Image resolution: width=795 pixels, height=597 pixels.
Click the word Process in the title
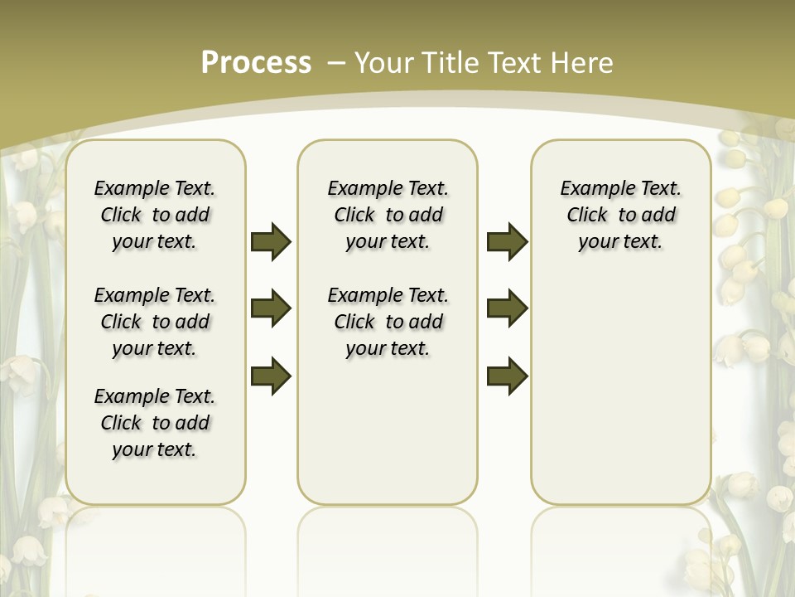point(256,62)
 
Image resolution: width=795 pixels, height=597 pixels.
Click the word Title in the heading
point(452,63)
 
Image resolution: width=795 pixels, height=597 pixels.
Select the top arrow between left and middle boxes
point(271,241)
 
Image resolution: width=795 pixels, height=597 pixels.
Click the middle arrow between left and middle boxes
point(271,308)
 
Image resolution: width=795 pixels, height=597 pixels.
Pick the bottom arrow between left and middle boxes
point(271,376)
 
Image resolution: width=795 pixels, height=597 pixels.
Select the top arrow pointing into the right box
point(507,241)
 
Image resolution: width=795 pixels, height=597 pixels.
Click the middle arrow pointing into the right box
point(507,308)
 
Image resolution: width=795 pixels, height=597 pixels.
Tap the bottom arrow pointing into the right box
point(507,376)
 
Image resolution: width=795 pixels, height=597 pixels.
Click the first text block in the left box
point(155,215)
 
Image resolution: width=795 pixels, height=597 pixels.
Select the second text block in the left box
point(155,322)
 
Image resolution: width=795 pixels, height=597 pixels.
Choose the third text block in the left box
point(155,423)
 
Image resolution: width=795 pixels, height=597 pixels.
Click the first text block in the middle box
point(388,215)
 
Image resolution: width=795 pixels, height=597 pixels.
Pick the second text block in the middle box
point(388,322)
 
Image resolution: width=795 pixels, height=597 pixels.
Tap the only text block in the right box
point(621,215)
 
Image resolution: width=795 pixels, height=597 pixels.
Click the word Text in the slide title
point(519,63)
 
